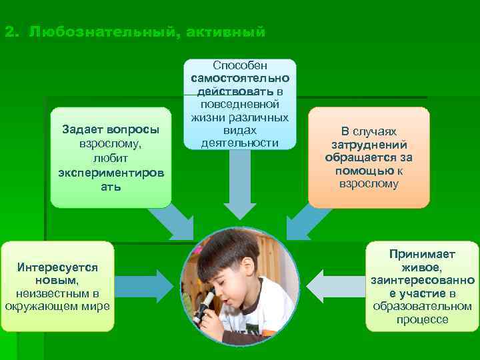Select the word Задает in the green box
point(84,131)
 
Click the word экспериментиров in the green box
point(111,173)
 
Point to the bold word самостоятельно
point(239,79)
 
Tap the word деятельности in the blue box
point(239,143)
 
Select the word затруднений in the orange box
point(369,145)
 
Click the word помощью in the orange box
point(363,170)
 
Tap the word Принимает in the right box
point(422,254)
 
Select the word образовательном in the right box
point(422,306)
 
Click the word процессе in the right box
point(422,319)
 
